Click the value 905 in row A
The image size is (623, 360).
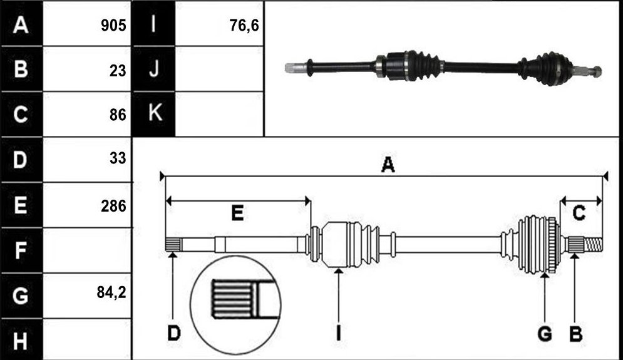coord(113,26)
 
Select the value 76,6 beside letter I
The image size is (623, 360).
coord(244,26)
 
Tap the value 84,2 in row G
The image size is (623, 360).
coord(111,292)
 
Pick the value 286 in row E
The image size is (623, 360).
coord(113,206)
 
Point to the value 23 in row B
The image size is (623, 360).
coord(118,71)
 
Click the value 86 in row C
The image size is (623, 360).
coord(118,115)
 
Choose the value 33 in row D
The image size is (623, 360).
coord(118,158)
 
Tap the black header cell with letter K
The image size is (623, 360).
coord(154,115)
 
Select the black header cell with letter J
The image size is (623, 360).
coord(154,69)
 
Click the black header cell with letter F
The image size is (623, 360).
coord(21,250)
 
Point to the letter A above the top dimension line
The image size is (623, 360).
coord(388,165)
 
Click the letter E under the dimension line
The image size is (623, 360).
coord(237,213)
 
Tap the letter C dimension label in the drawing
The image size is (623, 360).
coord(579,213)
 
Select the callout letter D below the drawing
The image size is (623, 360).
coord(174,333)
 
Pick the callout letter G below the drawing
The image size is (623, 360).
coord(545,333)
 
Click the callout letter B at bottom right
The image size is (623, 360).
coord(576,333)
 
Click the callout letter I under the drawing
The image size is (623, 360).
coord(338,333)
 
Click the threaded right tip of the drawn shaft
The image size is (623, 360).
coord(594,244)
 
